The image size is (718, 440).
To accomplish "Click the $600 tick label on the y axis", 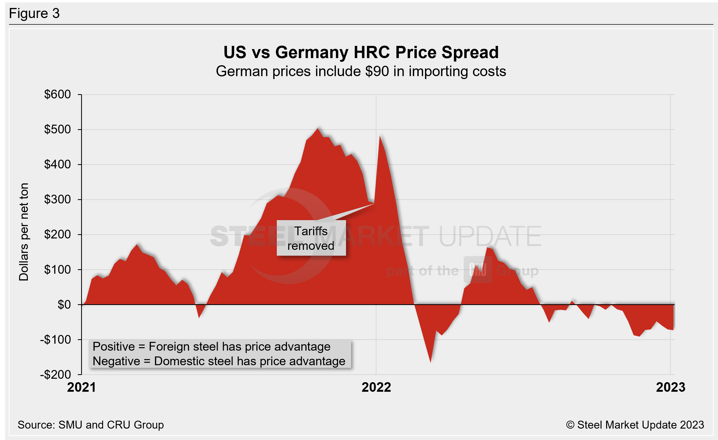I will pyautogui.click(x=58, y=94).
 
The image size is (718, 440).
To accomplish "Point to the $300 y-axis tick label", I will pyautogui.click(x=58, y=200).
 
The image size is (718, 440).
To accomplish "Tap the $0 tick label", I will pyautogui.click(x=64, y=305).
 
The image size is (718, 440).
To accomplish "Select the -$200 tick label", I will pyautogui.click(x=55, y=375).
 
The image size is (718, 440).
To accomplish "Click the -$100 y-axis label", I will pyautogui.click(x=55, y=340).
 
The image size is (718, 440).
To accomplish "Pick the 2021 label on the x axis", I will pyautogui.click(x=82, y=387).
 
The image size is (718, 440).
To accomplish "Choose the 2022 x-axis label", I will pyautogui.click(x=376, y=387).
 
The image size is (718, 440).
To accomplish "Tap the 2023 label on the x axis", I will pyautogui.click(x=671, y=387).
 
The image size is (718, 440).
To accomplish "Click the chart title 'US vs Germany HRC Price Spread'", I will pyautogui.click(x=361, y=53).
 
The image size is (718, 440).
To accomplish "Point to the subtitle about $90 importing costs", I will pyautogui.click(x=361, y=71).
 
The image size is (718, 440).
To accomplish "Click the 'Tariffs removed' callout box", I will pyautogui.click(x=311, y=238).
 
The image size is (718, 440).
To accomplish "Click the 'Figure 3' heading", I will pyautogui.click(x=34, y=14).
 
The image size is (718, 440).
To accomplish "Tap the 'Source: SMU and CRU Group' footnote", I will pyautogui.click(x=91, y=425).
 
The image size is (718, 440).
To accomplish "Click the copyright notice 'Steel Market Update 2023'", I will pyautogui.click(x=635, y=425).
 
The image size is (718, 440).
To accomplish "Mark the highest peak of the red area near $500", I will pyautogui.click(x=318, y=129).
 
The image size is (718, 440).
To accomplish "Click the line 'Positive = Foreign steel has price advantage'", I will pyautogui.click(x=211, y=347).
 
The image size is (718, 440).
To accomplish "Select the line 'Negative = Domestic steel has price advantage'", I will pyautogui.click(x=219, y=361).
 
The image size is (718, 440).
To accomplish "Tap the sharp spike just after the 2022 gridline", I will pyautogui.click(x=380, y=136).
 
